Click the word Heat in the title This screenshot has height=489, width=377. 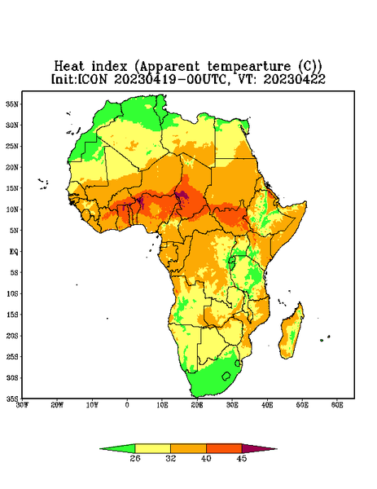click(69, 67)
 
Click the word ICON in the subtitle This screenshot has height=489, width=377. click(92, 79)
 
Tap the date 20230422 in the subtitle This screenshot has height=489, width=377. click(294, 79)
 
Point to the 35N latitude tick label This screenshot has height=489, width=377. click(12, 104)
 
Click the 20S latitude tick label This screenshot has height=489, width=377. click(12, 336)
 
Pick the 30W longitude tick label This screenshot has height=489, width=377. click(23, 405)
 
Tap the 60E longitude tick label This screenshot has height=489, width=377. click(337, 405)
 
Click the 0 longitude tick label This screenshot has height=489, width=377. click(127, 405)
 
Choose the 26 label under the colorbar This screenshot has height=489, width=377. click(135, 458)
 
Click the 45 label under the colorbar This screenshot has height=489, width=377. click(242, 458)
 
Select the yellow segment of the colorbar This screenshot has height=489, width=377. click(152, 448)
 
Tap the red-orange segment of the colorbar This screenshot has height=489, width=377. click(224, 448)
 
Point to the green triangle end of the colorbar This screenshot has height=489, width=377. click(121, 448)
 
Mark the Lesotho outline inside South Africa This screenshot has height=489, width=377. click(226, 376)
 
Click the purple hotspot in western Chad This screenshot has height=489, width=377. click(183, 196)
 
